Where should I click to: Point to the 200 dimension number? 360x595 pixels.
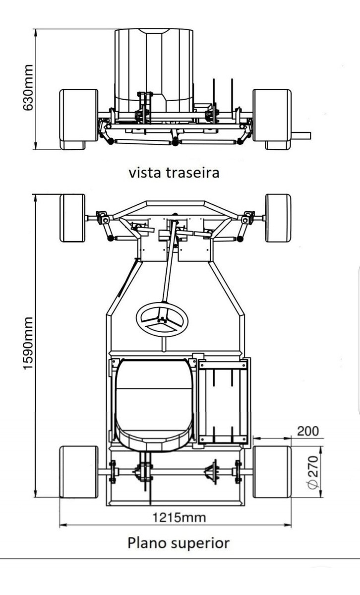307,431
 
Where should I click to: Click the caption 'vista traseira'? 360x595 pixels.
174,173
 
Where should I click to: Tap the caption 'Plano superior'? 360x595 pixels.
179,542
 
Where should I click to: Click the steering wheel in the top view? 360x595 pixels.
162,319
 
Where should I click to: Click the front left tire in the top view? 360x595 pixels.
72,218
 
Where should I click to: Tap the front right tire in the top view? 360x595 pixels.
278,218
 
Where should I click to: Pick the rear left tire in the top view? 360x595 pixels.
78,472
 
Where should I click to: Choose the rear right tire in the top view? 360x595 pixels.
272,472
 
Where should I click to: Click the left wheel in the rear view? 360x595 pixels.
78,119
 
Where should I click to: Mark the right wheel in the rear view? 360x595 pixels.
272,119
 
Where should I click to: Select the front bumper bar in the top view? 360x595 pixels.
176,203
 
